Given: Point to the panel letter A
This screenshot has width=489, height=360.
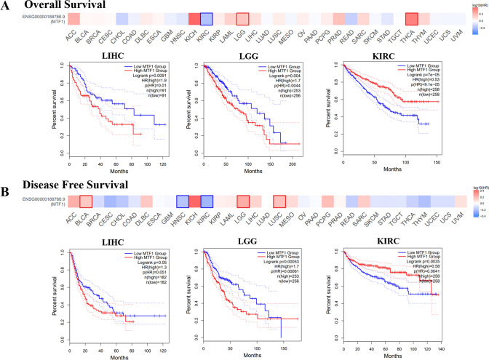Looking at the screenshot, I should [x=6, y=7].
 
